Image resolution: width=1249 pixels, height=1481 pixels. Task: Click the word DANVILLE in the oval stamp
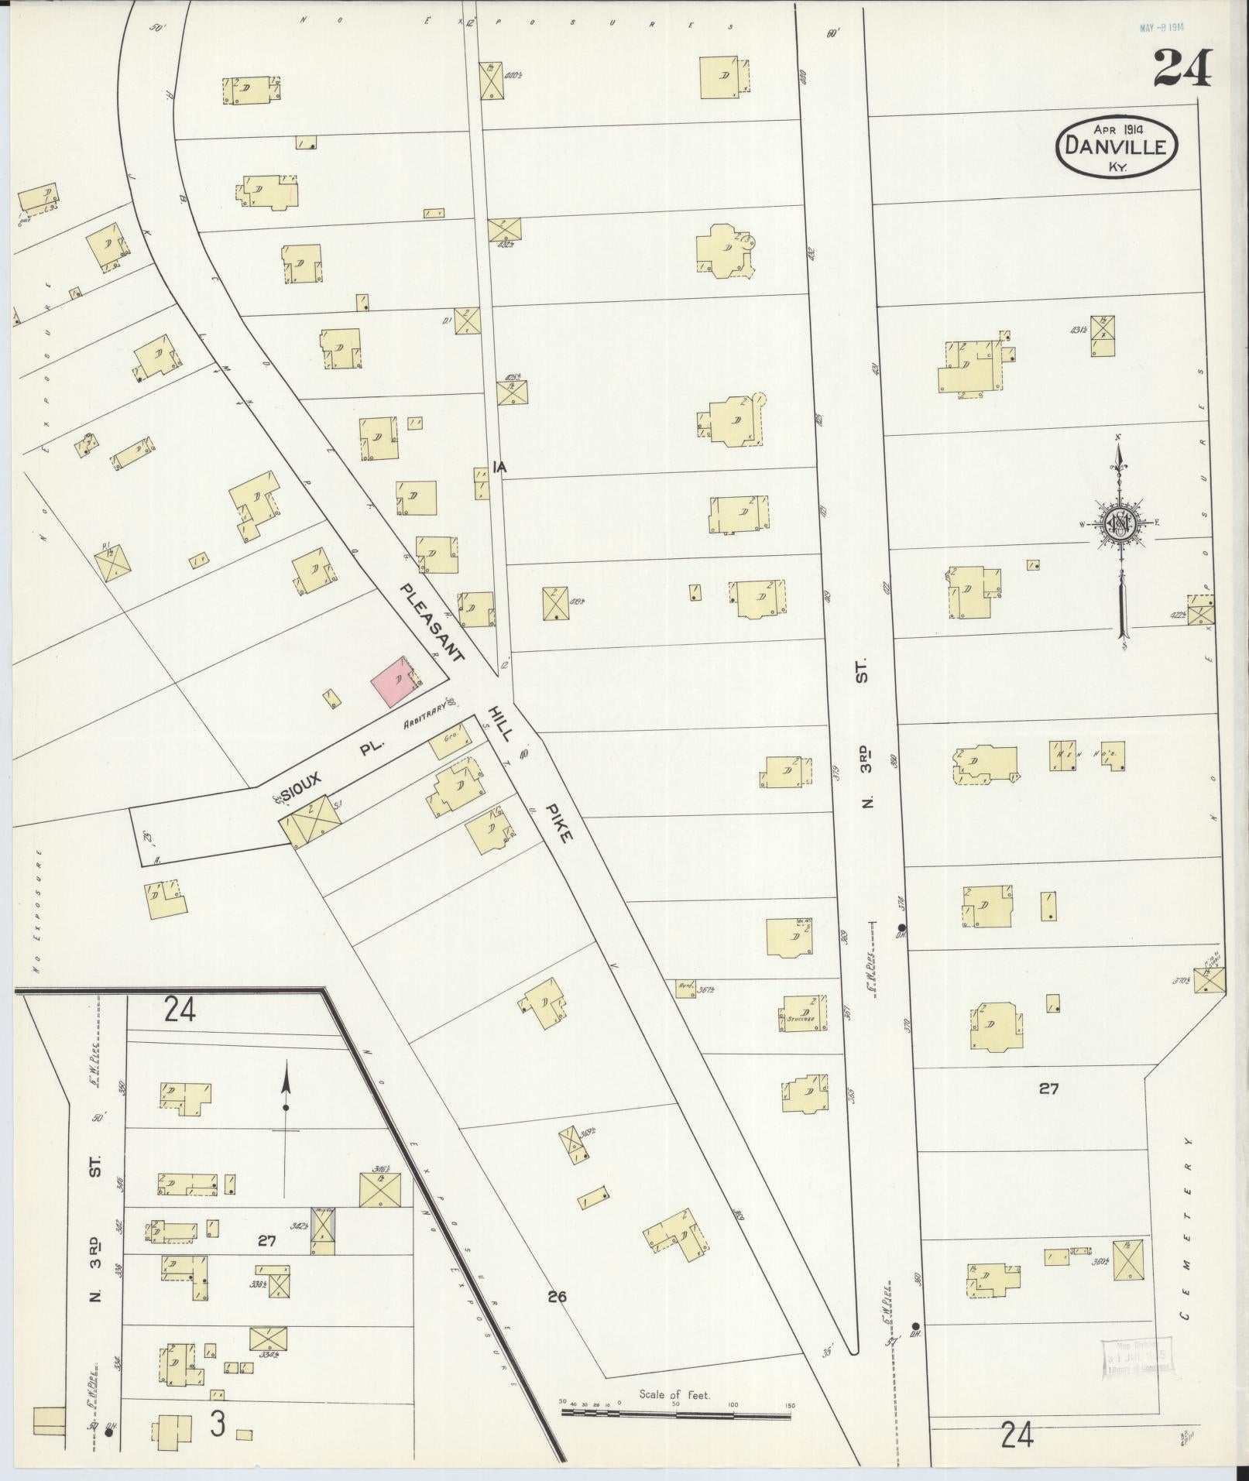[x=1117, y=144]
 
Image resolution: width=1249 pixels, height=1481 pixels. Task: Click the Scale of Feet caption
[x=674, y=1394]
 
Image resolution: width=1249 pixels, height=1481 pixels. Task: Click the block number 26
[x=558, y=1296]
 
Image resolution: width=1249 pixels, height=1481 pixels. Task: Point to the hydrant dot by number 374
[x=901, y=927]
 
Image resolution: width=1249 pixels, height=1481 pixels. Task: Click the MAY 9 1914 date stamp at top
[x=1162, y=28]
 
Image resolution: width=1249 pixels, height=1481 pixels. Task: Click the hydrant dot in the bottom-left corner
[x=108, y=1433]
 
